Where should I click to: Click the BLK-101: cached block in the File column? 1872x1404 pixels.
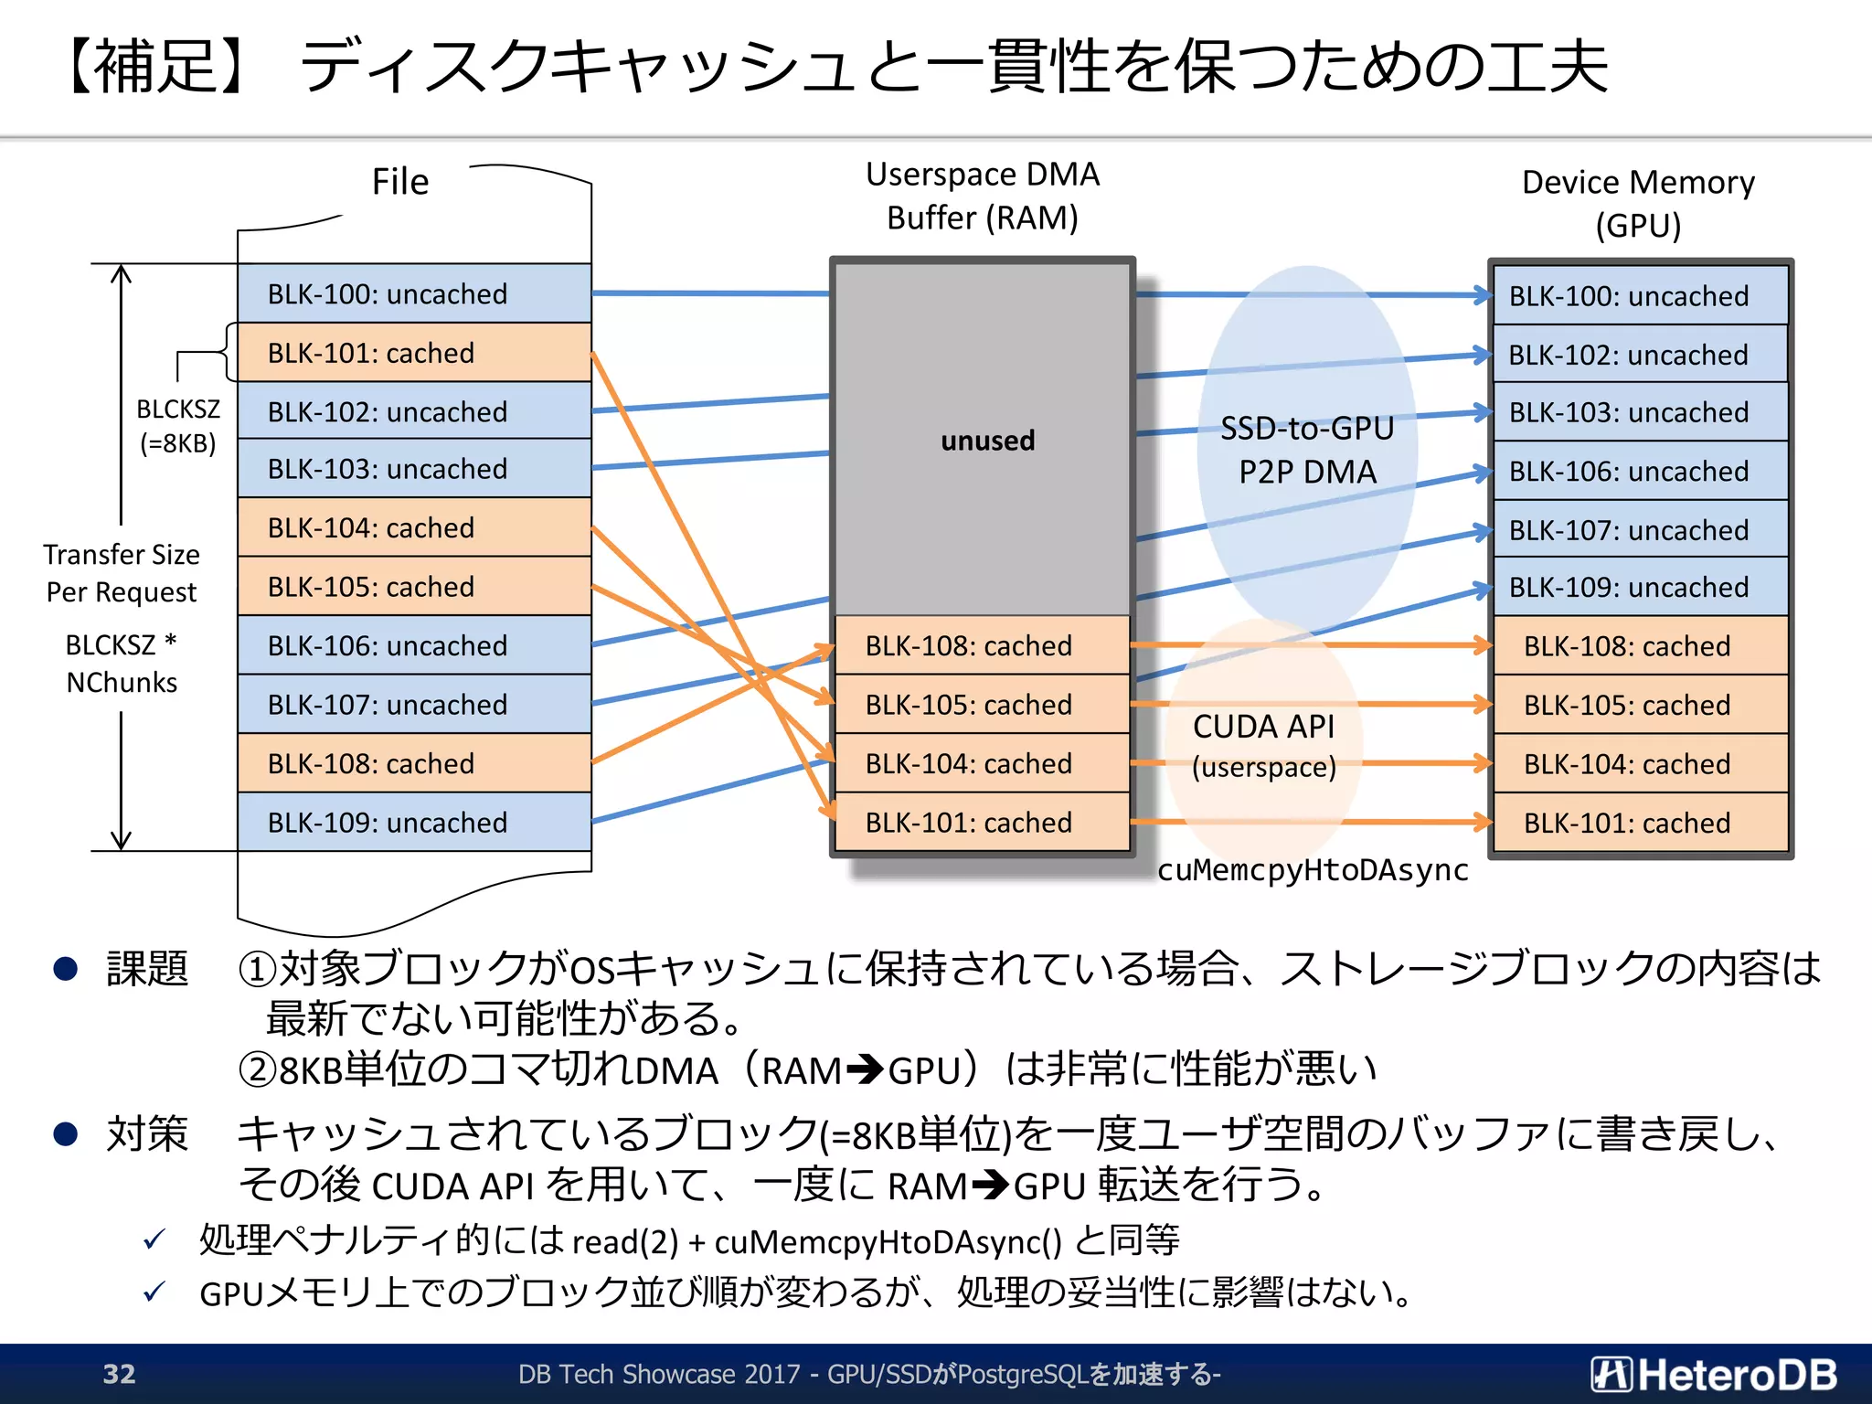414,353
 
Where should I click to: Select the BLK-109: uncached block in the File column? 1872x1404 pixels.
414,822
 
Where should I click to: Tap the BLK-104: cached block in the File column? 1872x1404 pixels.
414,527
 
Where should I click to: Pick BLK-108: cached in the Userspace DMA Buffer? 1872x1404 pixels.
983,645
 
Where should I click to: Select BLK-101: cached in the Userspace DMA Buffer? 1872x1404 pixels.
983,822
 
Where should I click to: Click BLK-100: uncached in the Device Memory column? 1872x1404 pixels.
1640,295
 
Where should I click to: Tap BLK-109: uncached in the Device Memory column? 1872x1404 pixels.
1640,587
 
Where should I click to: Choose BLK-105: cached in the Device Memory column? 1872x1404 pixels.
1640,705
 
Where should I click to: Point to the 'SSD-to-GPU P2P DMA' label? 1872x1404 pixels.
1307,450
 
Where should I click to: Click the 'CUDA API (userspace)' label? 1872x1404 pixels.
1264,746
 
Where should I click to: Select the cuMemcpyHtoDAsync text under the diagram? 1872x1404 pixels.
1313,870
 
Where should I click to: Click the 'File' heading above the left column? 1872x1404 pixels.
399,182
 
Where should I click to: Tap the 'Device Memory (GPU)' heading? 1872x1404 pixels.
1638,203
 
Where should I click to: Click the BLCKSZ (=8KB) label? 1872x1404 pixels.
178,426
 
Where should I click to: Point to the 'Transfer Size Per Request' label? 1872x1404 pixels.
122,573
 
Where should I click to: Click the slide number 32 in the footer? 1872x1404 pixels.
119,1374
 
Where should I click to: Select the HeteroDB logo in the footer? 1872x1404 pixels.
1714,1374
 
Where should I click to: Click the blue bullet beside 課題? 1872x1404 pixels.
66,969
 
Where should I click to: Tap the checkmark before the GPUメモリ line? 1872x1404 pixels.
154,1292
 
